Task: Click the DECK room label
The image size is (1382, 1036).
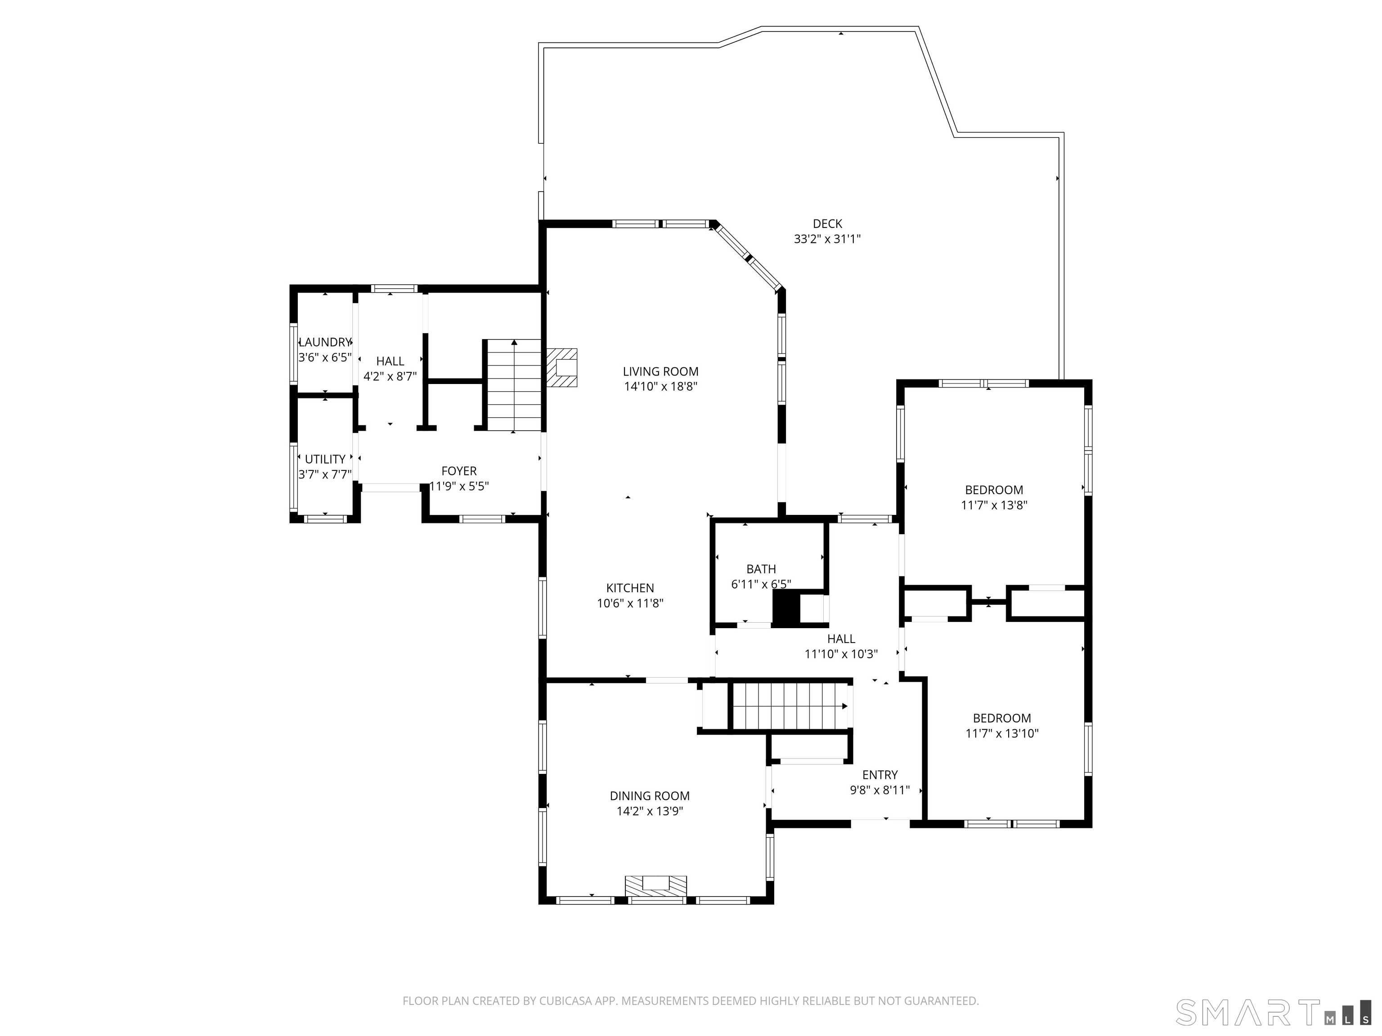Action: point(827,223)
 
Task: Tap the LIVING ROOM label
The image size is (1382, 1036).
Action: point(660,371)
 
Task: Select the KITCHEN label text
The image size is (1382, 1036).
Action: point(630,588)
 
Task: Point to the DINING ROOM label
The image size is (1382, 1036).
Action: point(650,796)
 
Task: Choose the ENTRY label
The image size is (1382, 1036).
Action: point(879,775)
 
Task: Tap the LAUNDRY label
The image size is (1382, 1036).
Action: point(325,342)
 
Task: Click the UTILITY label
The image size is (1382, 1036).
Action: point(325,460)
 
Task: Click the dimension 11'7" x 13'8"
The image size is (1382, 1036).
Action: point(994,505)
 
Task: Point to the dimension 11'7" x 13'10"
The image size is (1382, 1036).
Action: point(1001,734)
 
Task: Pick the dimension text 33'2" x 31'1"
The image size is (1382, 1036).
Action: point(827,239)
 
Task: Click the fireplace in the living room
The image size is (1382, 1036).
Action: point(562,368)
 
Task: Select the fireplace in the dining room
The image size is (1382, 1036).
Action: point(656,887)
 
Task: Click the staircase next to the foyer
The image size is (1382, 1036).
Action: point(514,385)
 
